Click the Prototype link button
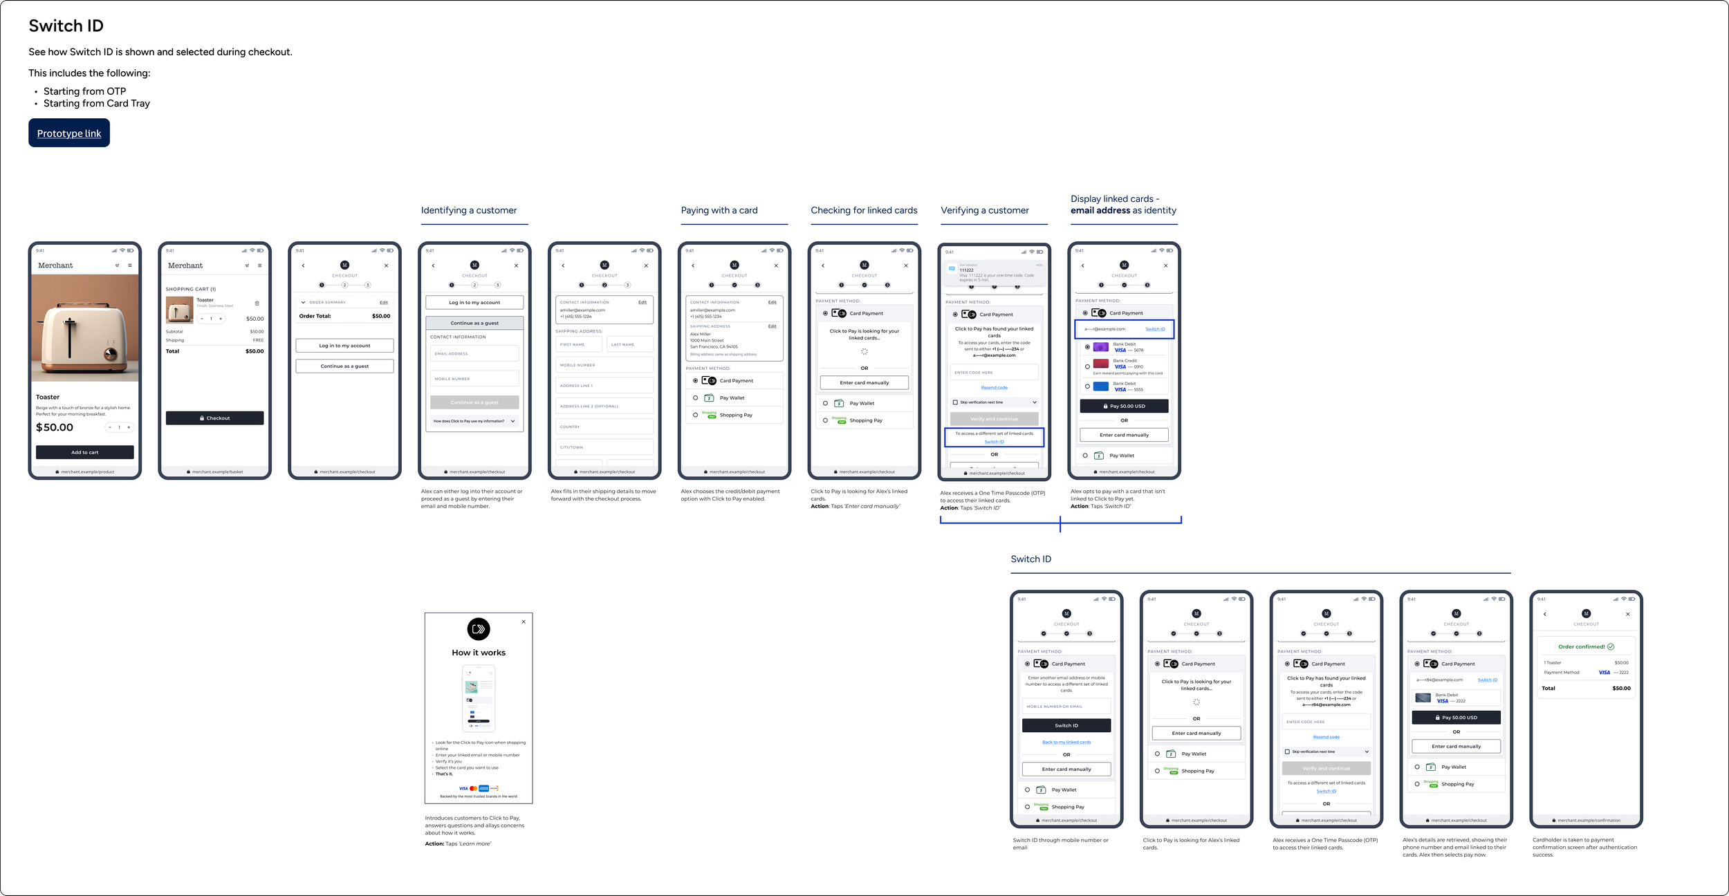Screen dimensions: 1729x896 click(69, 133)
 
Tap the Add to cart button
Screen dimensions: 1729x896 click(84, 452)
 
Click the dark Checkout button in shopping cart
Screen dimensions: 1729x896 click(214, 418)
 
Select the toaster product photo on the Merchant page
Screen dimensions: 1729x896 click(84, 328)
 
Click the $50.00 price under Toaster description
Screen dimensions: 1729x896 click(55, 427)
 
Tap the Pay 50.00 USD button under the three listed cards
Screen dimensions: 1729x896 click(1124, 407)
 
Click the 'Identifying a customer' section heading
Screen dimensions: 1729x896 click(468, 210)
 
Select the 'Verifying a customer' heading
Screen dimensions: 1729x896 click(984, 210)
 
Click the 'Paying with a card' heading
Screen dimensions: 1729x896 click(719, 210)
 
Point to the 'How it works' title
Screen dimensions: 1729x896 click(479, 653)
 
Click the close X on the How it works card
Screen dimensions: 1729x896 click(524, 622)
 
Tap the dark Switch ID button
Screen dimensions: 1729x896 click(1066, 725)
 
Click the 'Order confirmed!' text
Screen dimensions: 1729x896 click(1581, 647)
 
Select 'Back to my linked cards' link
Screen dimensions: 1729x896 click(1066, 743)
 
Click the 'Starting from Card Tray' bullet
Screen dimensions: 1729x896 click(96, 104)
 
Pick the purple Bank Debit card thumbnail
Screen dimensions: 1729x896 click(1100, 347)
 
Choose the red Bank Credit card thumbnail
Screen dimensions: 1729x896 click(1100, 364)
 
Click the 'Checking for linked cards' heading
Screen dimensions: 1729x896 click(864, 210)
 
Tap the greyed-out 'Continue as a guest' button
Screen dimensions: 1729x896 click(474, 402)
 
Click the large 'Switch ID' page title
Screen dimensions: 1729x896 click(66, 26)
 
